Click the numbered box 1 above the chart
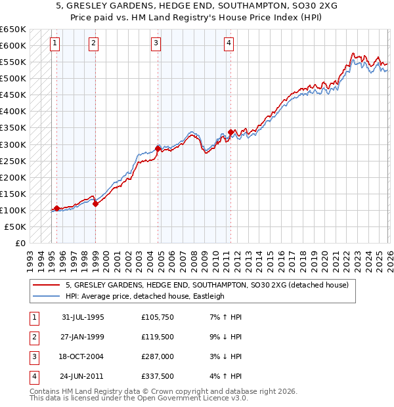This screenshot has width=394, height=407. [55, 44]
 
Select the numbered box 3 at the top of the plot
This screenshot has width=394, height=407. [156, 44]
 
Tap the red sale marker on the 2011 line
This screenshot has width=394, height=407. [230, 132]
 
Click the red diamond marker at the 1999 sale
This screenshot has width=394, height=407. [95, 203]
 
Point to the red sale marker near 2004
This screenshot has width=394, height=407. [158, 148]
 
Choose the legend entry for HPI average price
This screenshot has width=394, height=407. [144, 296]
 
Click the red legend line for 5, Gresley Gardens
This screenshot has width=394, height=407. [47, 286]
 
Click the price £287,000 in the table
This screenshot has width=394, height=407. [158, 356]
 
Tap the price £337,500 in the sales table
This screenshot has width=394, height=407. [158, 376]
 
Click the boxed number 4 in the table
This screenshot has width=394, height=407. [33, 376]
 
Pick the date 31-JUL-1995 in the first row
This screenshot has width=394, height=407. [83, 317]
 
